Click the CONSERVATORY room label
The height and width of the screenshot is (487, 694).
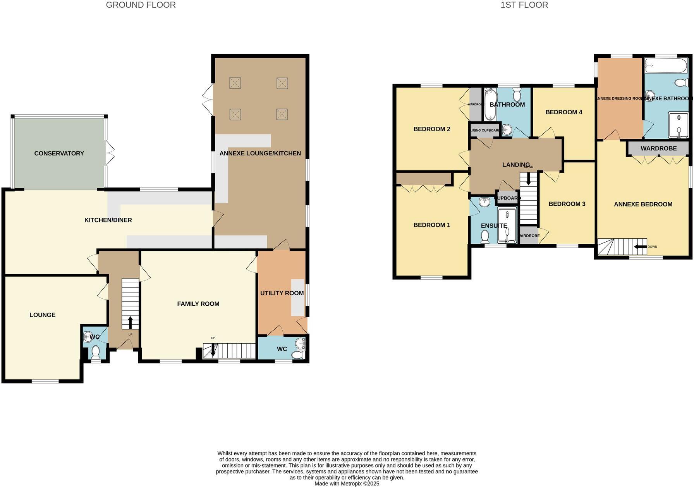click(x=59, y=153)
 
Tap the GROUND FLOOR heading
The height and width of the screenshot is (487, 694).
click(x=141, y=5)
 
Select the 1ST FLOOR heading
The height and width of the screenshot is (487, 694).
click(x=524, y=5)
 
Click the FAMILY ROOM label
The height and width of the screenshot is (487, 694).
click(x=198, y=304)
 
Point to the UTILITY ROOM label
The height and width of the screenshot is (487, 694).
click(x=282, y=293)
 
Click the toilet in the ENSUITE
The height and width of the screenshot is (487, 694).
click(x=485, y=236)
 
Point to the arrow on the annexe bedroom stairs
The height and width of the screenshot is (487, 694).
click(x=640, y=247)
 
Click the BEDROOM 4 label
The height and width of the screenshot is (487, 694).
click(x=563, y=112)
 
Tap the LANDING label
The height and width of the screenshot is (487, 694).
click(x=515, y=165)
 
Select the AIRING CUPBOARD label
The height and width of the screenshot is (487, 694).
click(x=485, y=131)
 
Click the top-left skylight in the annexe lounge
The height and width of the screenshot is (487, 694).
click(x=235, y=83)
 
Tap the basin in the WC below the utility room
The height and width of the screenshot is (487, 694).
click(x=300, y=343)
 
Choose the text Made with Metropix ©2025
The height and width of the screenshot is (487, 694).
click(x=347, y=484)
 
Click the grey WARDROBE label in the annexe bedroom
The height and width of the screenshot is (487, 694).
click(x=658, y=148)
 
